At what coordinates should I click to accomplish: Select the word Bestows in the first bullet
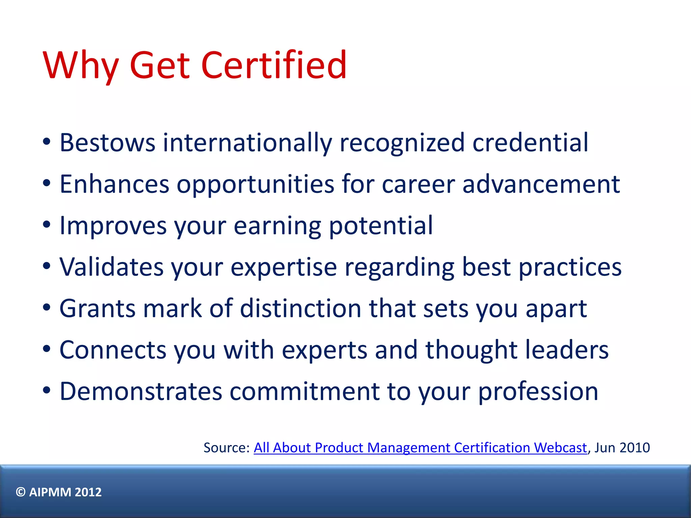107,143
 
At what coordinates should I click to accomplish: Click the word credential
530,143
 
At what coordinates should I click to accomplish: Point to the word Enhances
114,184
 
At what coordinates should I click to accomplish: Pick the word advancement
541,184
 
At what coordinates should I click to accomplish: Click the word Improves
113,226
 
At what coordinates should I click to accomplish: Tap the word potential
381,226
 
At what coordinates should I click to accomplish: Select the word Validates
112,267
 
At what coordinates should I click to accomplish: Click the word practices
570,267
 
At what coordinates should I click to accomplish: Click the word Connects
113,350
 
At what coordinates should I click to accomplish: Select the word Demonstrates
141,391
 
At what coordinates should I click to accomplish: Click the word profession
538,391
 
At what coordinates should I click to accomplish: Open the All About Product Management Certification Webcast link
420,448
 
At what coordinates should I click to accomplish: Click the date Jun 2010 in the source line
622,448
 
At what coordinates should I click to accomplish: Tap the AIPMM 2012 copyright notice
59,492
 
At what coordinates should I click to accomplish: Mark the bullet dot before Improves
47,225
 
